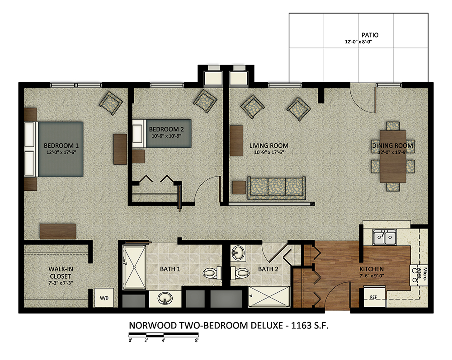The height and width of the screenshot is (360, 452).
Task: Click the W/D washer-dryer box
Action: click(x=104, y=298)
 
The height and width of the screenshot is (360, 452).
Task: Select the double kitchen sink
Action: click(x=384, y=237)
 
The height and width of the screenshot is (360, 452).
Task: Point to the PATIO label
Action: click(x=370, y=35)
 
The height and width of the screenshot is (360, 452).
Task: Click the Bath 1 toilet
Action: click(x=212, y=273)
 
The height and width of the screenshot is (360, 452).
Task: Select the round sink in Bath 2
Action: click(x=238, y=253)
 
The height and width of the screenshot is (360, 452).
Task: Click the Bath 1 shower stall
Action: click(x=134, y=267)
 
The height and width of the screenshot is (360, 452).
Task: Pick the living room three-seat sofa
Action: click(x=277, y=188)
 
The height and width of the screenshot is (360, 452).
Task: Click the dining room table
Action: click(x=393, y=156)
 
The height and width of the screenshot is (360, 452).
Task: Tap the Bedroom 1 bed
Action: click(x=54, y=149)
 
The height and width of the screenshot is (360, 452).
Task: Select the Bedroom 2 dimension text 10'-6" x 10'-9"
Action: click(x=166, y=136)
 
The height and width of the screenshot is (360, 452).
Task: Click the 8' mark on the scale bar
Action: click(x=197, y=341)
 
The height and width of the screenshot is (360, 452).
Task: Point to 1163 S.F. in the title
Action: click(x=310, y=325)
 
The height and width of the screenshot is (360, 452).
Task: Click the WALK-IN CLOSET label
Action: click(x=61, y=272)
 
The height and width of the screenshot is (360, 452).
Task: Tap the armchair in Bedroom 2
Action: click(x=205, y=101)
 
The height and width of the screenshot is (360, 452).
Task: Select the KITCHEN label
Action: click(x=371, y=269)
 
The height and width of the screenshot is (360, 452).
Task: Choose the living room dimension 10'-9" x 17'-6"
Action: click(x=269, y=152)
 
